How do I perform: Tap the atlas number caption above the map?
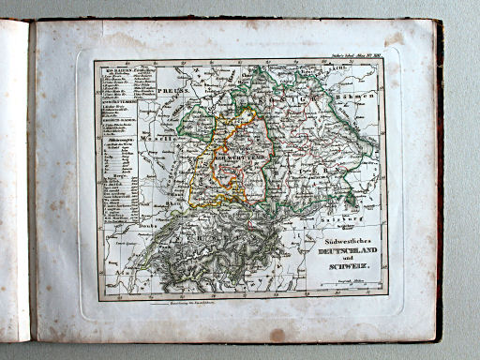(x=356, y=55)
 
